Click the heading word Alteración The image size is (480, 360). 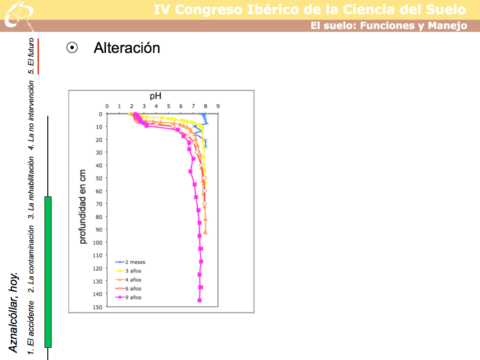click(127, 48)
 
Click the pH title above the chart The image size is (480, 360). click(156, 96)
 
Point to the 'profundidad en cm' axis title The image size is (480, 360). click(83, 207)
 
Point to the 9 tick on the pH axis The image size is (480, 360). click(218, 106)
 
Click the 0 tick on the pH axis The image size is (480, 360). click(107, 106)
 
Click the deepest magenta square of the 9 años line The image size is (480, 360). click(199, 300)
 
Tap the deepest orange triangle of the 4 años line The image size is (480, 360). click(205, 232)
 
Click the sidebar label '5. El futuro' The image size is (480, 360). click(31, 56)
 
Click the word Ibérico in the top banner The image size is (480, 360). click(262, 9)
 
